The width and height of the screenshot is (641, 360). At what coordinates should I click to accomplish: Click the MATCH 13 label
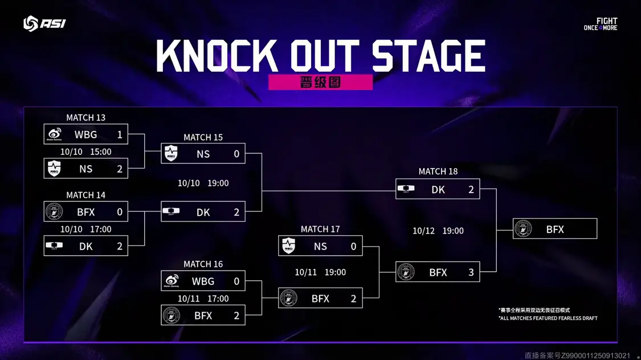click(x=85, y=117)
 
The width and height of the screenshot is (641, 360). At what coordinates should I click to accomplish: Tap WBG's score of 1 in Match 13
click(x=120, y=134)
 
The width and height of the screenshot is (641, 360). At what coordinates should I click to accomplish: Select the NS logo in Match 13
click(x=54, y=169)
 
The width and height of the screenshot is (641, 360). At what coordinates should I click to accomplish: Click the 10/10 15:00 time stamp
click(x=85, y=152)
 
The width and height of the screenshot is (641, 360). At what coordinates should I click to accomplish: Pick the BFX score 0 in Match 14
click(x=120, y=212)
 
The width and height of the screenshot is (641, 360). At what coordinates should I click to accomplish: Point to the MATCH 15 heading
click(x=203, y=137)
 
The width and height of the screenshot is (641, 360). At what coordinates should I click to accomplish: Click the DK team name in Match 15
click(x=203, y=212)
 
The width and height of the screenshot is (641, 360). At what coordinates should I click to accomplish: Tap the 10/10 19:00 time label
click(x=203, y=183)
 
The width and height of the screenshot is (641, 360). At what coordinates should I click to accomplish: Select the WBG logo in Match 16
click(x=172, y=281)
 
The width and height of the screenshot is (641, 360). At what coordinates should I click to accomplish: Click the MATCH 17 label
click(x=320, y=229)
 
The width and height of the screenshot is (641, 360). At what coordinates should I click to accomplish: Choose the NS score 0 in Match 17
click(x=353, y=246)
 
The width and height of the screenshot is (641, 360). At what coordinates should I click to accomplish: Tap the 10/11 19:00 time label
click(x=320, y=272)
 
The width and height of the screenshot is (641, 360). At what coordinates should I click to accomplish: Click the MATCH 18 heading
click(x=438, y=171)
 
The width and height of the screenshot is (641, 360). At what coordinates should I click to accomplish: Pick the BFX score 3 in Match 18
click(x=471, y=272)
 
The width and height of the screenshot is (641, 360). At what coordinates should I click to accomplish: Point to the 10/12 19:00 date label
click(x=438, y=231)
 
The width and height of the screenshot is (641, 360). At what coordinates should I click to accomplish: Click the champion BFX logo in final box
click(x=523, y=229)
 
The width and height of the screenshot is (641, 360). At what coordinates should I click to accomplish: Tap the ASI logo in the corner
click(x=44, y=23)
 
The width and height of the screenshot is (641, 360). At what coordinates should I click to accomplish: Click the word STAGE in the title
click(x=428, y=56)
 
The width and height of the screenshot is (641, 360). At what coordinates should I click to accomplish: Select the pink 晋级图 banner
click(x=320, y=82)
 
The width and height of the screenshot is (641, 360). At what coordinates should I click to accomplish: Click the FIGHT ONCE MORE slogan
click(x=601, y=24)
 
